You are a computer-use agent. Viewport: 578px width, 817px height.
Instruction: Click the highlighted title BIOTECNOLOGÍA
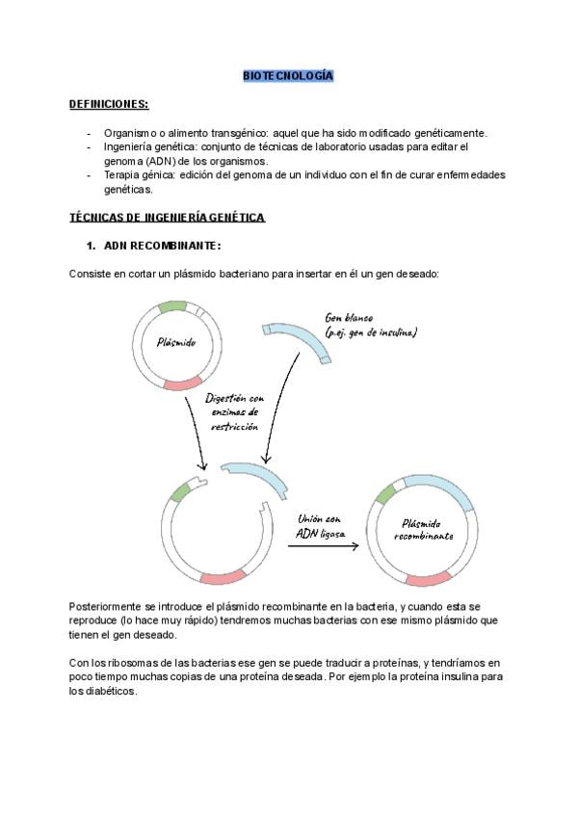288,75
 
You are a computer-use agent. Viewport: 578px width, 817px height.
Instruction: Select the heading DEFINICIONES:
108,104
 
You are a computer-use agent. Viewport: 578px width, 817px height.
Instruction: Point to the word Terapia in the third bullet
121,175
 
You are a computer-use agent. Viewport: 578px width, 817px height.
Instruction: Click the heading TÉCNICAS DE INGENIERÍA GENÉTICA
167,218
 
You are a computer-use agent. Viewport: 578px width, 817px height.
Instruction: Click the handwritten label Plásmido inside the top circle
175,342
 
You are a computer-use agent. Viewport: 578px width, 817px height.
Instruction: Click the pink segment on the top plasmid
182,383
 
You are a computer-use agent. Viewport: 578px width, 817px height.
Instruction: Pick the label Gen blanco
350,318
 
